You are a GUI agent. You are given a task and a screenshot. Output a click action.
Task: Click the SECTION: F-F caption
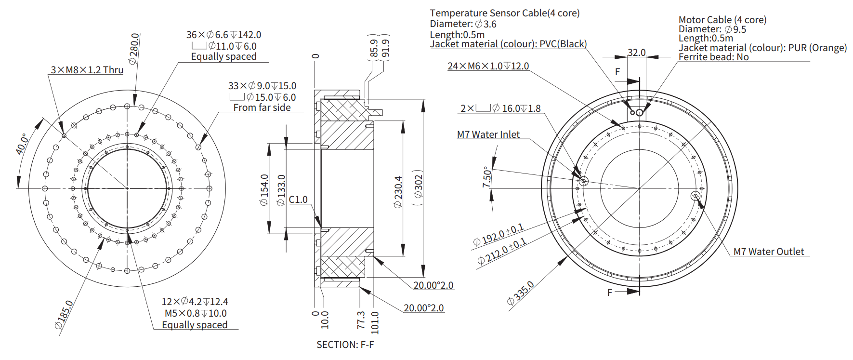(345, 345)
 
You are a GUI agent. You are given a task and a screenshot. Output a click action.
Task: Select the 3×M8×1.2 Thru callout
(87, 70)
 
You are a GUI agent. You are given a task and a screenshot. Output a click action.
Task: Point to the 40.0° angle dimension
(22, 144)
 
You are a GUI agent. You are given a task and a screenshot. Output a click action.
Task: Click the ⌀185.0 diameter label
(64, 315)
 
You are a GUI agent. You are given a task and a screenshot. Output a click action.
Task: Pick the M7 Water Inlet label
(488, 134)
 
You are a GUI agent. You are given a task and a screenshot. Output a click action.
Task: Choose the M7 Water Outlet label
(768, 252)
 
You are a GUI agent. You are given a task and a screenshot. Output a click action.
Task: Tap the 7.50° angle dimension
(487, 177)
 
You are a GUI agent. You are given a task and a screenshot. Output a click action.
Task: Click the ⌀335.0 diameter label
(520, 293)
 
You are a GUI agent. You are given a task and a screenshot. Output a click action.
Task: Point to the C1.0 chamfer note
(298, 200)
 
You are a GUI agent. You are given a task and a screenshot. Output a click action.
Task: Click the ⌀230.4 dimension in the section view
(398, 191)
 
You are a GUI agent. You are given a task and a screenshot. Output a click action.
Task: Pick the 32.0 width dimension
(636, 53)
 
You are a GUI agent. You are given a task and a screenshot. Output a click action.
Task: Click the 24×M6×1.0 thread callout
(488, 66)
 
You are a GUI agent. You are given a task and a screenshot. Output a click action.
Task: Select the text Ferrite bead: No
(713, 57)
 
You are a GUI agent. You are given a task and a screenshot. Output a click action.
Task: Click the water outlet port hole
(695, 196)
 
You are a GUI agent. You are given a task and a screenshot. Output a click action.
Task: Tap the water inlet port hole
(583, 181)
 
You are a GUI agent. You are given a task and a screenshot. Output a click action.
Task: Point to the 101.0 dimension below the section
(375, 322)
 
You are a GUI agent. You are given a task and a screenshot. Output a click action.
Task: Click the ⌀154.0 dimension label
(264, 189)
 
